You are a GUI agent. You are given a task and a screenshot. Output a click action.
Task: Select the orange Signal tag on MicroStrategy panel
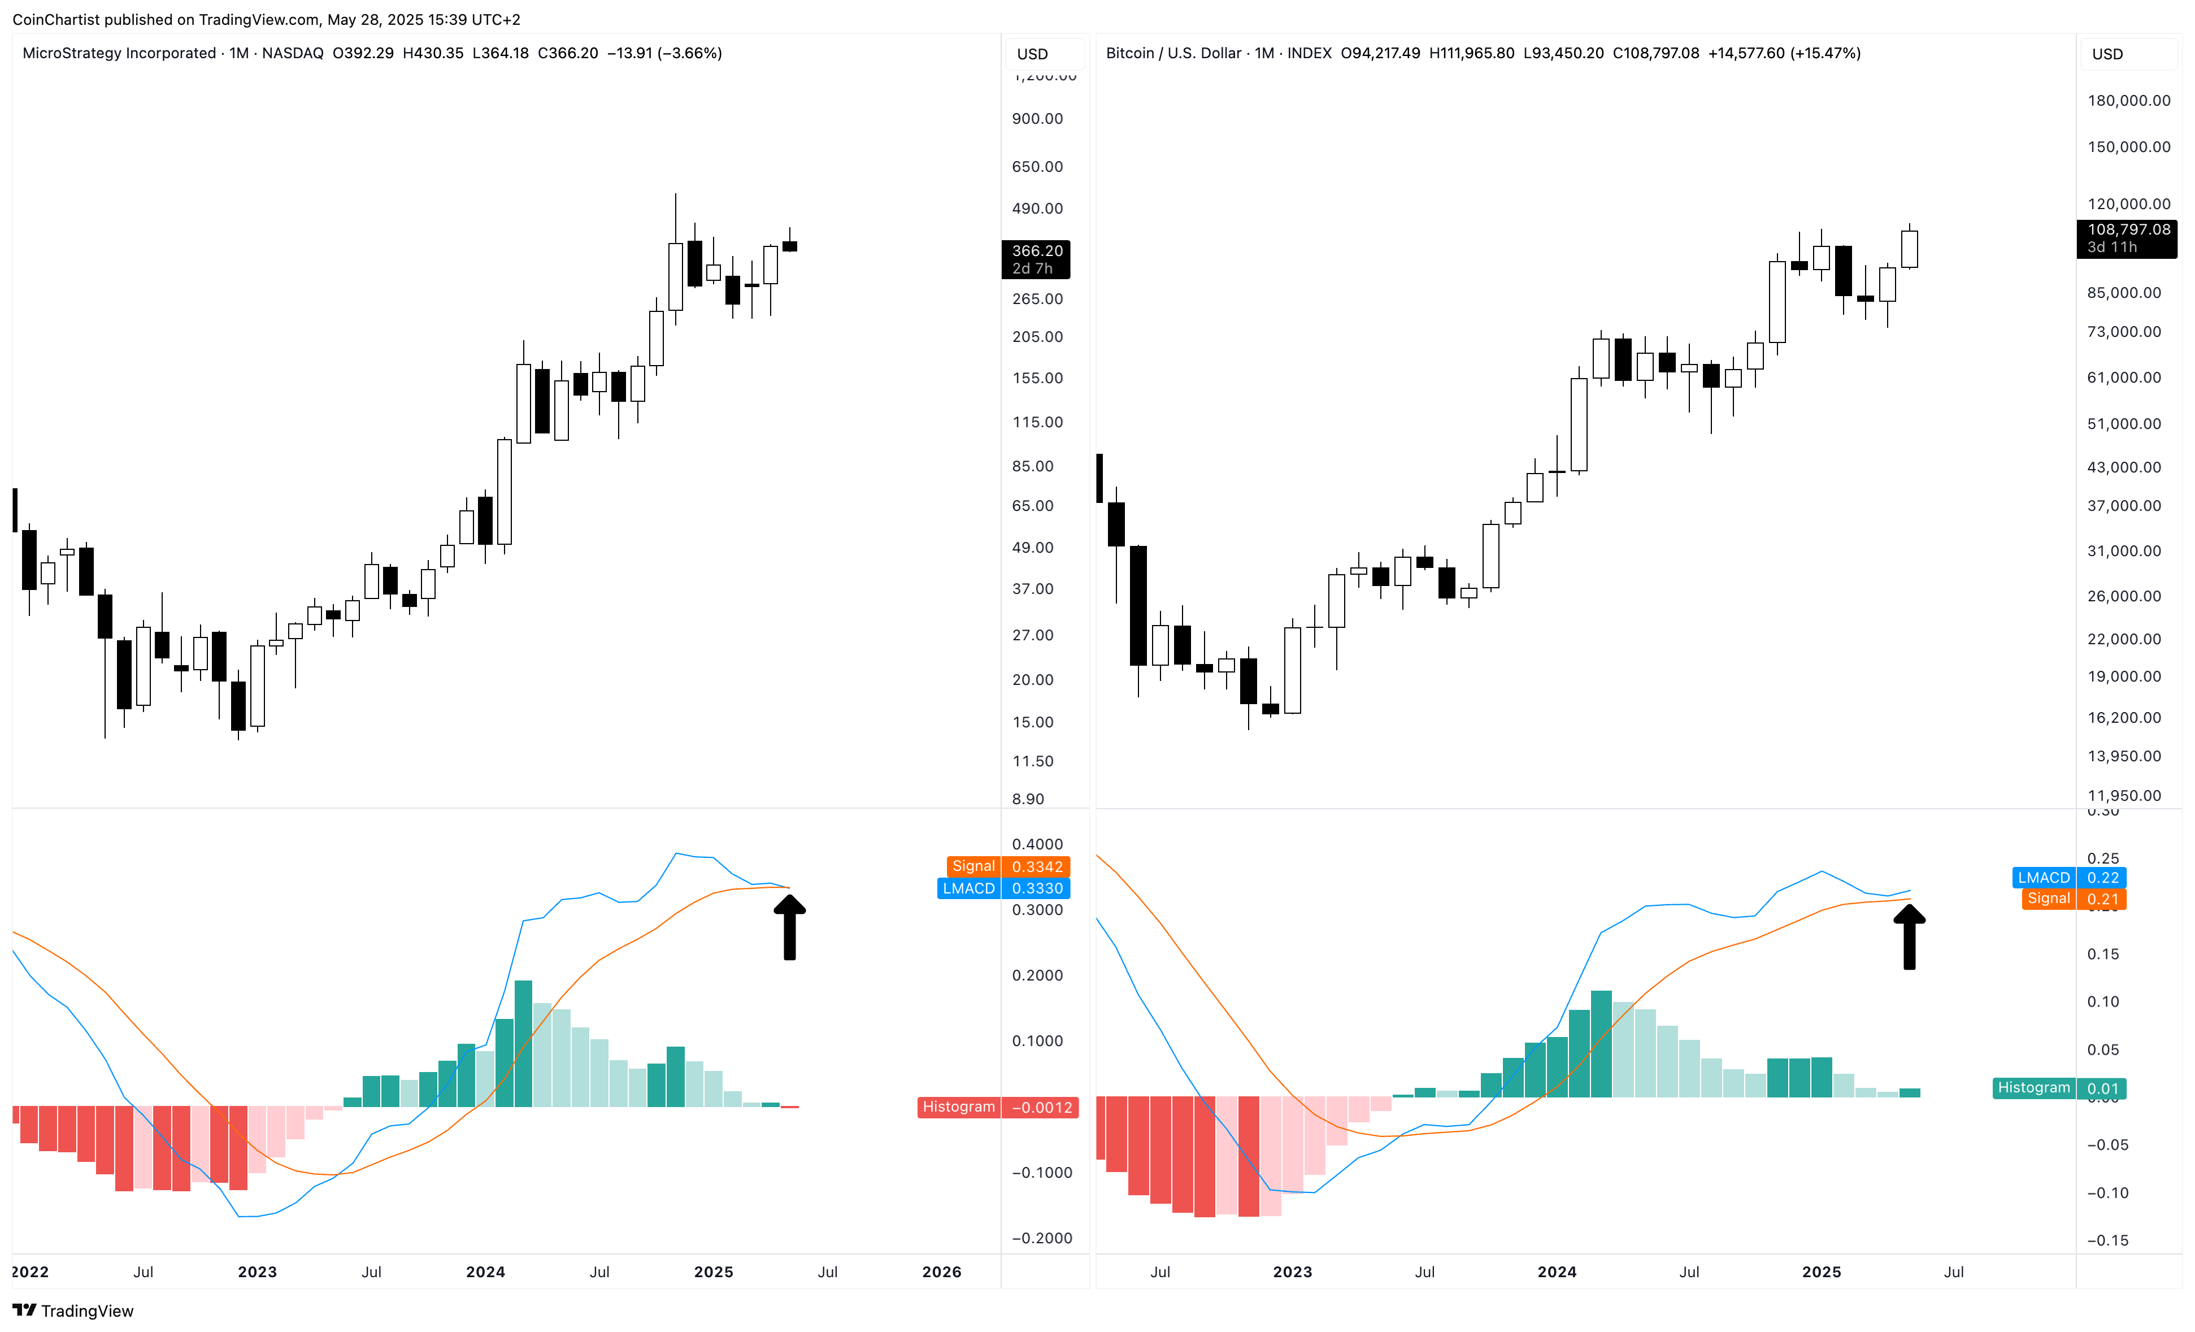pyautogui.click(x=973, y=866)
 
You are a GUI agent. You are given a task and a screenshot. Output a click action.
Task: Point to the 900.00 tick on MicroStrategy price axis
pyautogui.click(x=1037, y=119)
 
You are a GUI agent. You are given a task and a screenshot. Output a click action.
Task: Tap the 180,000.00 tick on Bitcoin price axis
pyautogui.click(x=2128, y=101)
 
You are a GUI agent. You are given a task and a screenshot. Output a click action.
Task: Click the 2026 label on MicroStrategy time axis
pyautogui.click(x=941, y=1272)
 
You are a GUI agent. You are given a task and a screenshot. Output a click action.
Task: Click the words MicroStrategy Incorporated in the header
pyautogui.click(x=119, y=54)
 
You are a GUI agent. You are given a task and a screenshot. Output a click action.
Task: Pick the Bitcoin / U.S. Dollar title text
pyautogui.click(x=1173, y=54)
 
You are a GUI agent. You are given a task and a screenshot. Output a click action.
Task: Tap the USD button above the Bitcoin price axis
pyautogui.click(x=2107, y=54)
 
